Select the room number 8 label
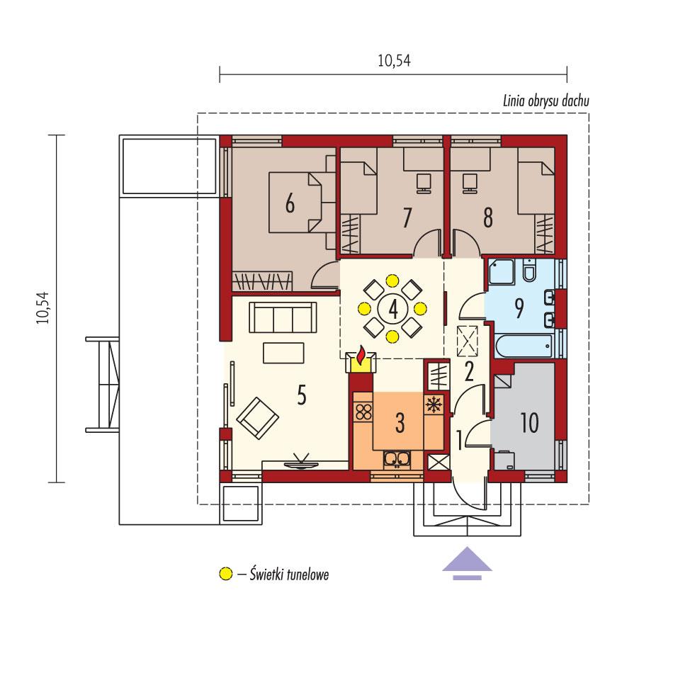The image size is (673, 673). point(487,217)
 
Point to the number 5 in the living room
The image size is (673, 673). point(302,397)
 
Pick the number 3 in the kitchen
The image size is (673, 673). point(400,424)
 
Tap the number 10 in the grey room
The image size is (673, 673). point(529,423)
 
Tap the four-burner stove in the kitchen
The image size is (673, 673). point(363,412)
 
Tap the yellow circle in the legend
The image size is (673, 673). point(225,575)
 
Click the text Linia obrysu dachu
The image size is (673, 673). point(545,101)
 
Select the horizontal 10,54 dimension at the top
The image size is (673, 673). point(394,62)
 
